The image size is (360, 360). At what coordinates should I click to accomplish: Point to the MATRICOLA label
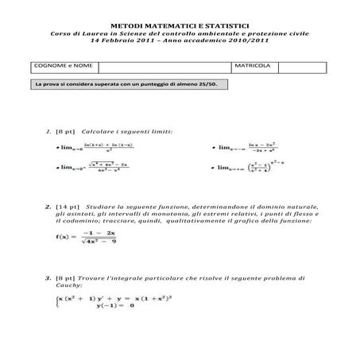[x=253, y=66]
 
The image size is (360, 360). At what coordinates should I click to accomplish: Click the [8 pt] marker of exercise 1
[x=64, y=130]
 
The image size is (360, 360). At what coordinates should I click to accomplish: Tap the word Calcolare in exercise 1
[x=98, y=130]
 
